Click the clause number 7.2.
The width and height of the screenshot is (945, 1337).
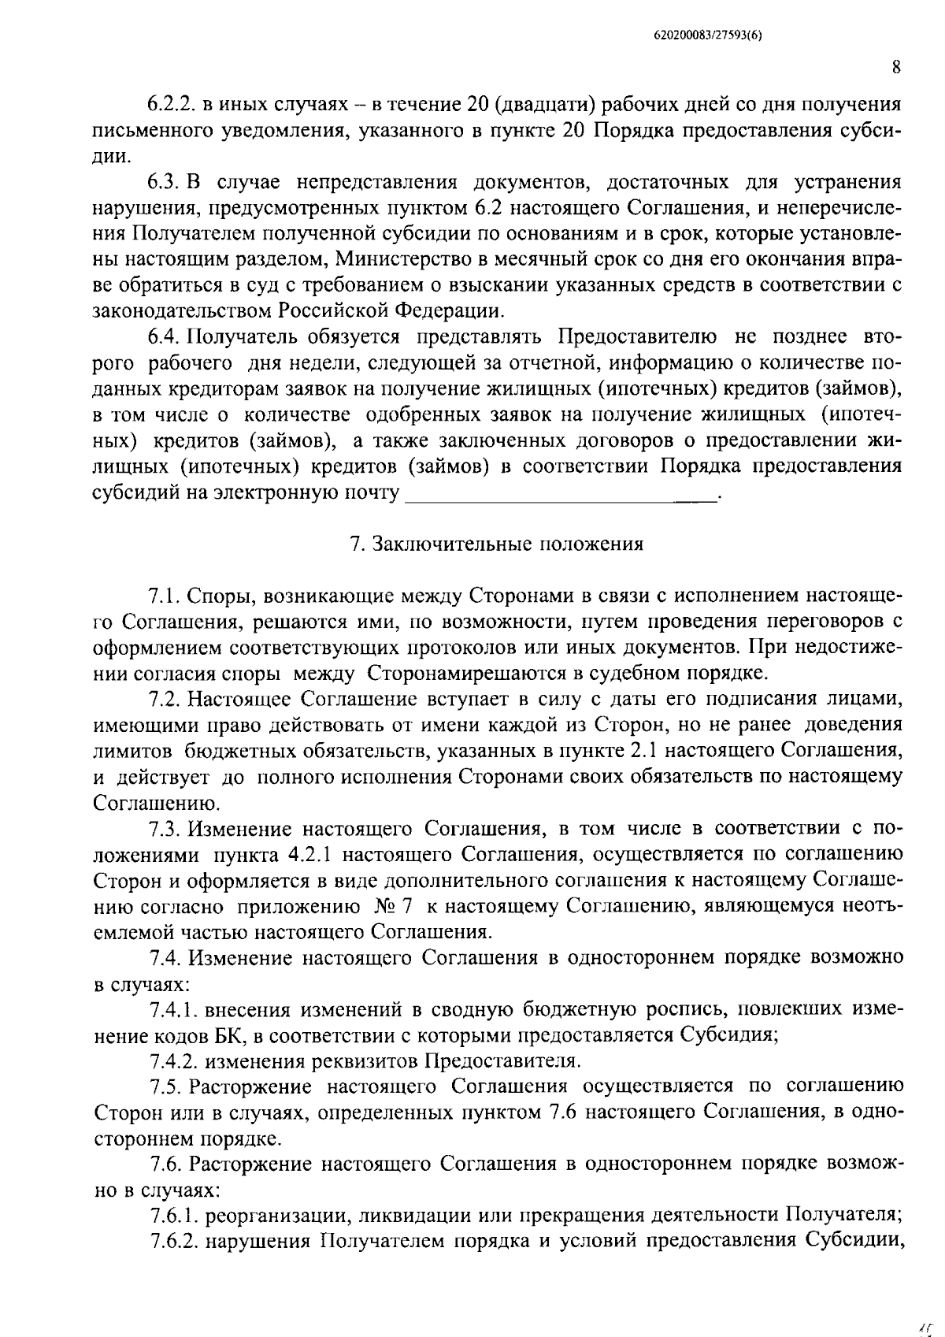pyautogui.click(x=165, y=699)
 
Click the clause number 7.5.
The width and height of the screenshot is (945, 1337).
pyautogui.click(x=165, y=1086)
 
